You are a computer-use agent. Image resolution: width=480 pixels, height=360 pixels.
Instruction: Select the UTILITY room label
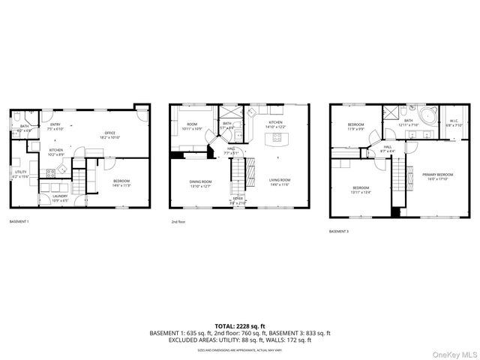tap(19, 173)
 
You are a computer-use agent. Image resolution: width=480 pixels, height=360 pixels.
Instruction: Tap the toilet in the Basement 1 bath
tap(15, 118)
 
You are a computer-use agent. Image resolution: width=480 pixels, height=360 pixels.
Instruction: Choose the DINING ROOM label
tap(200, 182)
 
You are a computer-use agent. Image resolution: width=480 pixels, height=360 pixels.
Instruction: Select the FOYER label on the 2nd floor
tap(237, 200)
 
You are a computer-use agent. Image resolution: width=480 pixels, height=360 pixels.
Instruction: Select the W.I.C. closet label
tap(454, 121)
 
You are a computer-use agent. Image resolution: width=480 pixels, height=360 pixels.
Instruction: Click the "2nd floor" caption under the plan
tap(178, 222)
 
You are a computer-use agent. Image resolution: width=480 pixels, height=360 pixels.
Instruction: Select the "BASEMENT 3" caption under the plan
tap(338, 231)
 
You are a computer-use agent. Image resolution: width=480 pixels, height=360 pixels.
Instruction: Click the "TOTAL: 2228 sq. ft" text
tap(239, 325)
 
